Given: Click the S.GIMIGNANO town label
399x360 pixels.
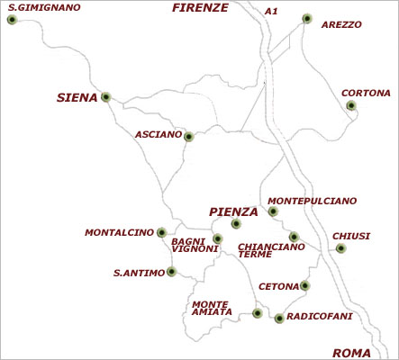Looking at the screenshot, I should click(x=42, y=7).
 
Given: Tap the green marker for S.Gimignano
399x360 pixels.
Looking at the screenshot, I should click(x=11, y=19).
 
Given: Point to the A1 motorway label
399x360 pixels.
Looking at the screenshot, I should click(x=271, y=12).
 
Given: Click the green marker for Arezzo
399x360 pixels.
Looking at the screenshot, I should click(x=307, y=18).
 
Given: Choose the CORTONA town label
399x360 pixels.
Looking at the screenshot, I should click(x=366, y=93).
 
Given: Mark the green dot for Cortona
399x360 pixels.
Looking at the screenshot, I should click(x=351, y=105).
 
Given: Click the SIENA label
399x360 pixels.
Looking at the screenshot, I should click(x=77, y=97).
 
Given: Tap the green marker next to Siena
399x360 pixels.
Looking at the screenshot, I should click(x=106, y=97).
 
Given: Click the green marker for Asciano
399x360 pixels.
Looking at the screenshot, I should click(x=189, y=137).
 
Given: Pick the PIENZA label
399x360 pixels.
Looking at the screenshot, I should click(x=233, y=211).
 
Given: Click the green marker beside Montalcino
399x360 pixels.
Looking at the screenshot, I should click(x=161, y=232).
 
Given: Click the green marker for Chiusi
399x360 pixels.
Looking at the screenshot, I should click(x=340, y=248).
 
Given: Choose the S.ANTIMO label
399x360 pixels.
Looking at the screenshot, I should click(x=139, y=272).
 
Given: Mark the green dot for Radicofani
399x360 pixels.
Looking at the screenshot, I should click(x=280, y=318).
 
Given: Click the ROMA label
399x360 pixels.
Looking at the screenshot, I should click(x=351, y=352).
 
